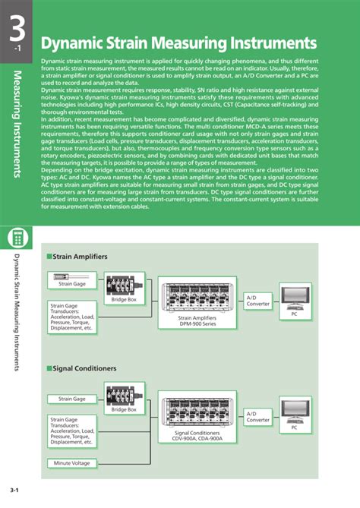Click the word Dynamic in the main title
[71, 41]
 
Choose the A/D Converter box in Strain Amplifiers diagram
[258, 301]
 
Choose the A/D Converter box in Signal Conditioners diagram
[258, 416]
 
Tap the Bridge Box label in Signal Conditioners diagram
[124, 409]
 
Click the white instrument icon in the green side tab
[16, 238]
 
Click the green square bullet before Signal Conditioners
[49, 368]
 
